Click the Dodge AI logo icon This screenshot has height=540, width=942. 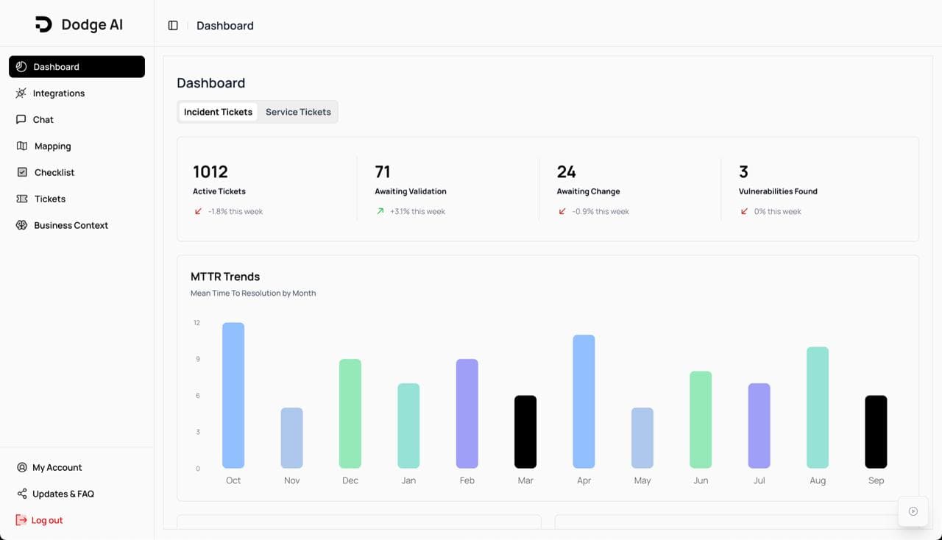pyautogui.click(x=43, y=24)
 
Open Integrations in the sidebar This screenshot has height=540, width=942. pyautogui.click(x=58, y=93)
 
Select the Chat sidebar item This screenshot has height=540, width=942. pyautogui.click(x=43, y=120)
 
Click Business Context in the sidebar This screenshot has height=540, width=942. pyautogui.click(x=71, y=226)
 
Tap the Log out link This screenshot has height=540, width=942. pyautogui.click(x=46, y=520)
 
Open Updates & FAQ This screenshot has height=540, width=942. pyautogui.click(x=63, y=494)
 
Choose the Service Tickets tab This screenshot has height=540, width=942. pyautogui.click(x=298, y=112)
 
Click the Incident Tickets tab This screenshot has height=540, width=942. pyautogui.click(x=218, y=112)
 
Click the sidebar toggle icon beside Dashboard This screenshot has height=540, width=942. pyautogui.click(x=173, y=26)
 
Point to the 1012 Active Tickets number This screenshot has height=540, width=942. pyautogui.click(x=210, y=172)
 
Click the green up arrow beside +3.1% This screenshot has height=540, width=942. pyautogui.click(x=380, y=211)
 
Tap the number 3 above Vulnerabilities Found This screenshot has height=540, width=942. pyautogui.click(x=743, y=172)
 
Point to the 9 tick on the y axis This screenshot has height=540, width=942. pyautogui.click(x=197, y=359)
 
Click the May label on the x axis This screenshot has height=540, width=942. pyautogui.click(x=642, y=480)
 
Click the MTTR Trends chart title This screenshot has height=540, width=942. pyautogui.click(x=225, y=277)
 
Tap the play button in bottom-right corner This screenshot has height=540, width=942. pyautogui.click(x=913, y=511)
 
